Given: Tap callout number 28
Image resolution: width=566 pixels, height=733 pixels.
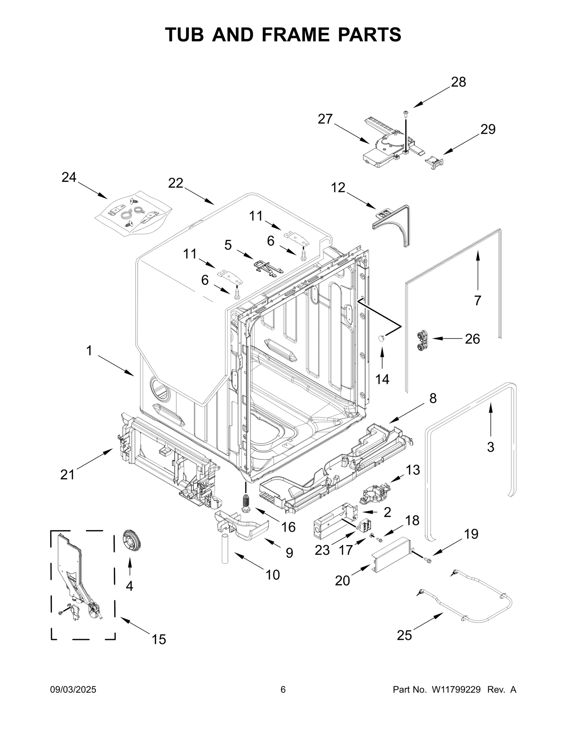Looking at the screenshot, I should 458,82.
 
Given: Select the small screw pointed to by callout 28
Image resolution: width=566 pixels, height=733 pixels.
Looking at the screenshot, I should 406,113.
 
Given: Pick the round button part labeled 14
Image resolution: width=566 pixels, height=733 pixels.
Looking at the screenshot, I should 381,339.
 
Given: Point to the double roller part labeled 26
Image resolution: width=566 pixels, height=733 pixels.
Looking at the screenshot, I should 422,341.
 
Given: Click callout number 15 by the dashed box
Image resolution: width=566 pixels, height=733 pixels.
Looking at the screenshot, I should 159,640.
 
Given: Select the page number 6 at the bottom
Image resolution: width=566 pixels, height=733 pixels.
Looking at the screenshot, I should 283,690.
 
